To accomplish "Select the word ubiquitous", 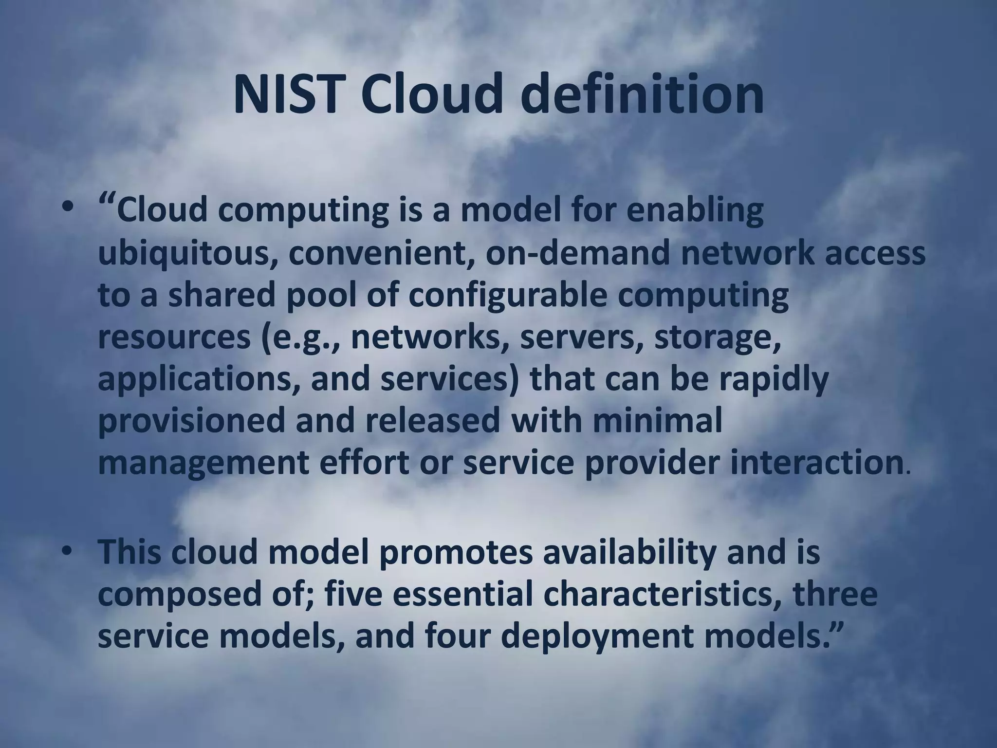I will [x=185, y=254].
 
